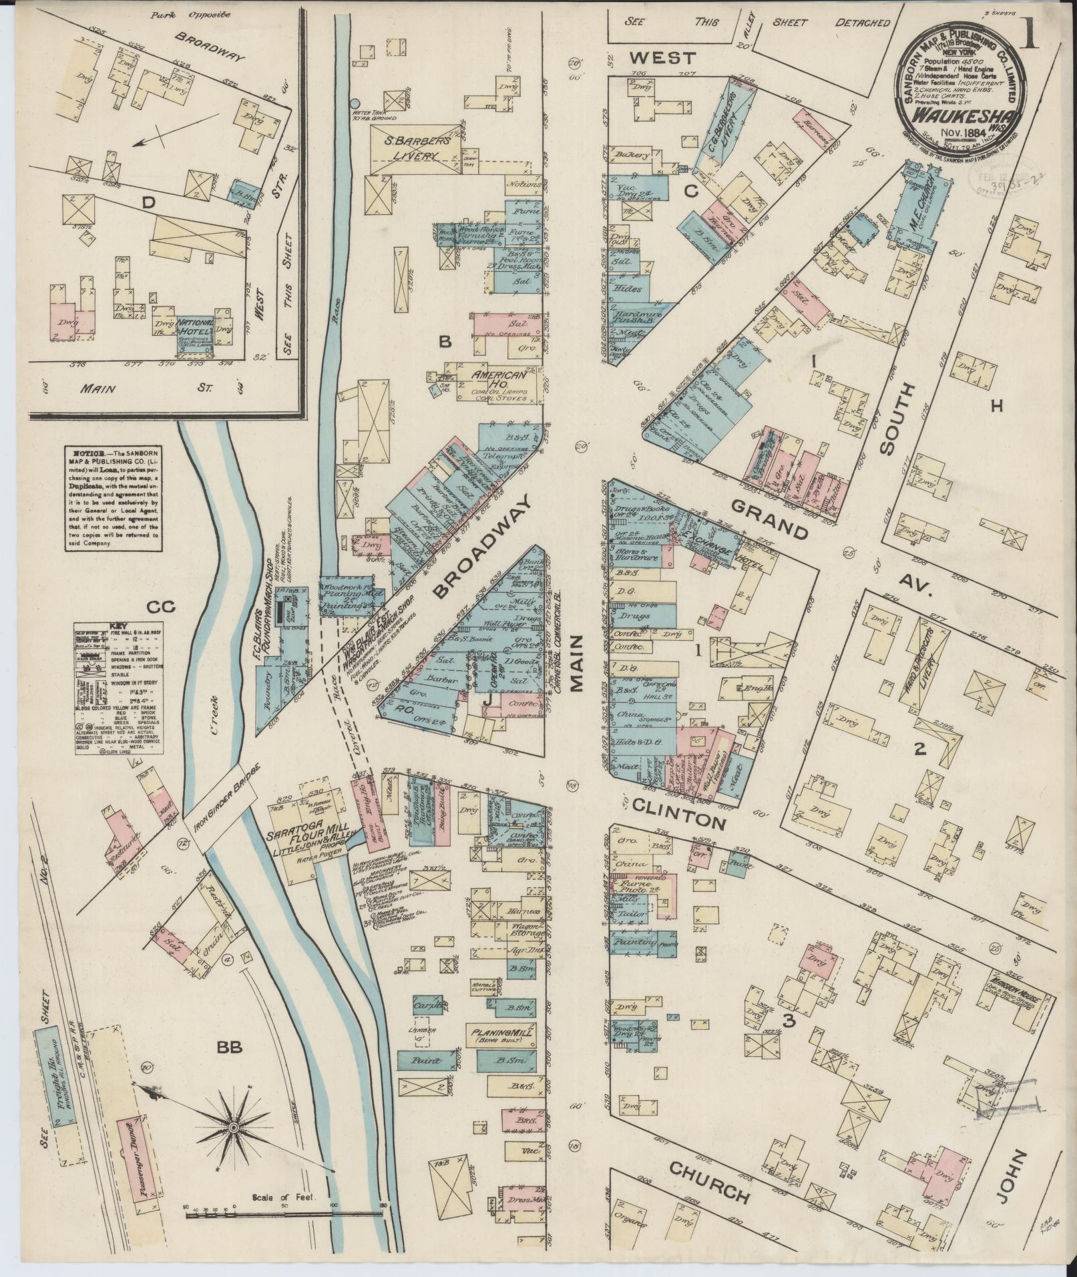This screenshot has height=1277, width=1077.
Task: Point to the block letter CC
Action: point(160,606)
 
